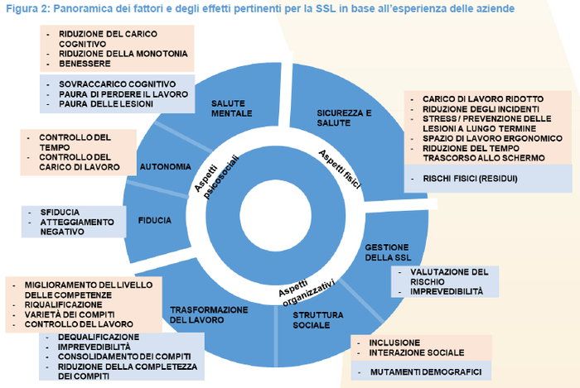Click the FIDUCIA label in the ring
click(155, 220)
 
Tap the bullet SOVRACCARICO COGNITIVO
click(116, 84)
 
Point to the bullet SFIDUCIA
click(58, 211)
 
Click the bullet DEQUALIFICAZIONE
click(99, 338)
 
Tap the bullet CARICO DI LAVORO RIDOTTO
click(468, 98)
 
